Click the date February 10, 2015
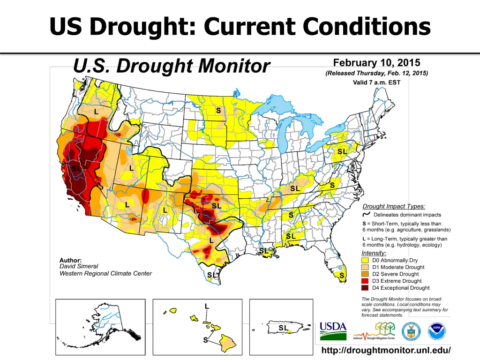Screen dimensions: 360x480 (376, 63)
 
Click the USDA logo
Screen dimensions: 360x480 (333, 330)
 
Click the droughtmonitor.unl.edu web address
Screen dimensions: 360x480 (386, 350)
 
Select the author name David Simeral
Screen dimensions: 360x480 (79, 266)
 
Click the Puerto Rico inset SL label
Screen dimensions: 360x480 (284, 328)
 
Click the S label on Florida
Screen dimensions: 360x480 (342, 276)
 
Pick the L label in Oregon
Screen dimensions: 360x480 (96, 112)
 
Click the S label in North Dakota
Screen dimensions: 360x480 (218, 111)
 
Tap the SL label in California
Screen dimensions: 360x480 (76, 168)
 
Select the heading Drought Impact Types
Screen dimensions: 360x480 (394, 206)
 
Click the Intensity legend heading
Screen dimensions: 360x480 (374, 253)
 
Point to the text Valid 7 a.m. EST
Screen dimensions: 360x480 (376, 82)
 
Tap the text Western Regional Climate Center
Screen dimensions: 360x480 (105, 273)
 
